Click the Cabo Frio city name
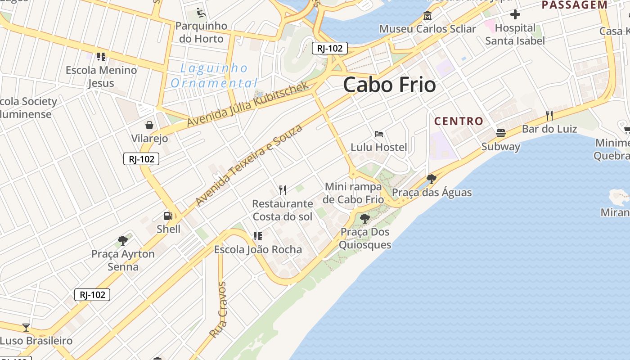point(389,85)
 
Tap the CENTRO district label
point(459,121)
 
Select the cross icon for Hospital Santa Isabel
point(515,14)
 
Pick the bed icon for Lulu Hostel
point(378,134)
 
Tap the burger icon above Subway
point(500,133)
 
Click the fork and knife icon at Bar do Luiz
point(549,116)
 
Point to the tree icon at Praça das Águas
point(431,179)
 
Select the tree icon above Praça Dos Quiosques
point(364,219)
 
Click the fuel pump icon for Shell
point(168,216)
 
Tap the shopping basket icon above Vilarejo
point(149,125)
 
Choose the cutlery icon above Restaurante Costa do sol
point(282,190)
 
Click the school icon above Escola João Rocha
point(258,236)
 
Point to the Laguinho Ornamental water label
point(214,76)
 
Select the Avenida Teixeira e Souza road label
point(249,165)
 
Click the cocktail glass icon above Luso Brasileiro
point(26,328)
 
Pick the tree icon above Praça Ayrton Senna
point(122,241)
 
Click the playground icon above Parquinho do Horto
point(201,13)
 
